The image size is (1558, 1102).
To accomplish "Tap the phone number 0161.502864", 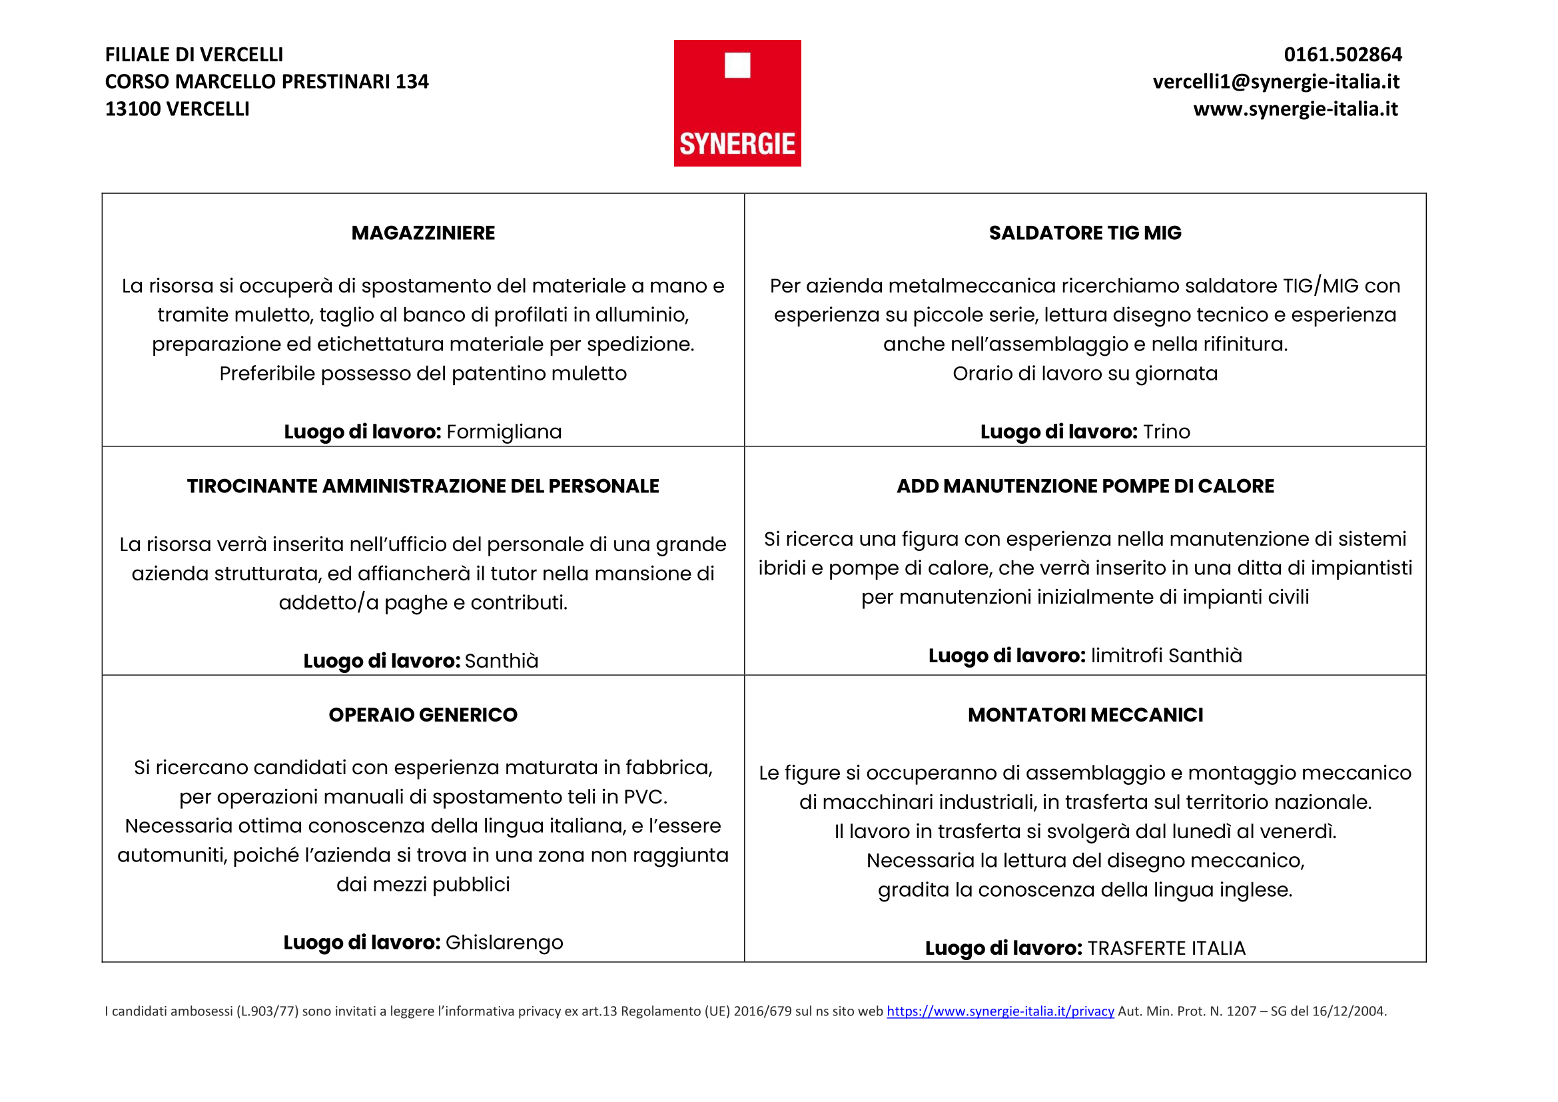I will (x=1342, y=54).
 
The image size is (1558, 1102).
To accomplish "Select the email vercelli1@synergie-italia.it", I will (x=1276, y=81).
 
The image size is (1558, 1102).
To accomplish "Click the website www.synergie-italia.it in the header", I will (x=1296, y=109).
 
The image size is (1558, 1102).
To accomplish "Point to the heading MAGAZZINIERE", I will (x=423, y=233).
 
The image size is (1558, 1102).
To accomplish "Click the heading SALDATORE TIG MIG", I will (x=1084, y=233).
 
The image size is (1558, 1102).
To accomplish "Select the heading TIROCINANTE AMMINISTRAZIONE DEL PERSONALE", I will (x=423, y=486).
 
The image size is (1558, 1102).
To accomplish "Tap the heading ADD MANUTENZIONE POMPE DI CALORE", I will (x=1085, y=486).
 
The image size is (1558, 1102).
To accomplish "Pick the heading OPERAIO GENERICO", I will (x=423, y=714).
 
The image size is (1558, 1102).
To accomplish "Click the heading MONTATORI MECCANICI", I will (x=1085, y=714).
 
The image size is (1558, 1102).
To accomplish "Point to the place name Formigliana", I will (x=504, y=432).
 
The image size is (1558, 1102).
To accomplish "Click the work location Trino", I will (x=1166, y=432).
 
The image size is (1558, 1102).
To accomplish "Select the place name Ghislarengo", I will (x=504, y=942).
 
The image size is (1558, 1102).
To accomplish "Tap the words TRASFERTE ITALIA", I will (x=1166, y=948).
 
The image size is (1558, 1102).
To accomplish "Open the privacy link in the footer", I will (x=1000, y=1011).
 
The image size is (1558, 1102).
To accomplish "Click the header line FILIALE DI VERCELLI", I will (x=194, y=54).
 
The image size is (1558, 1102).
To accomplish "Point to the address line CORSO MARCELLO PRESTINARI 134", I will (x=266, y=81).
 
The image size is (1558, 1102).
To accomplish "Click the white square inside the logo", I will (x=737, y=66).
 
